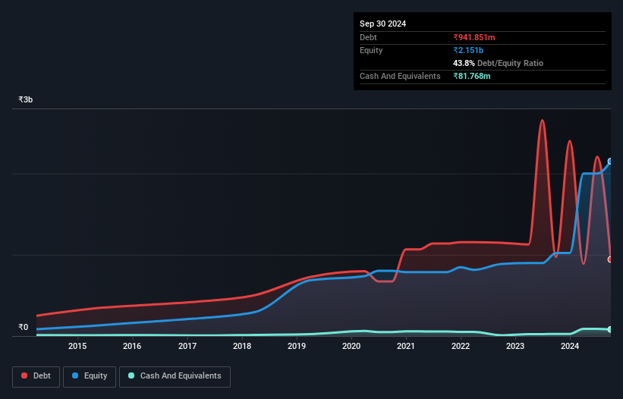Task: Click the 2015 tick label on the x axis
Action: coord(77,347)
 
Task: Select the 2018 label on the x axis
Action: coord(242,347)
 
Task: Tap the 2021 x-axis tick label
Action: coord(406,347)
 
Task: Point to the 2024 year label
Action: coord(570,347)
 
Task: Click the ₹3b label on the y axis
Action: coord(26,100)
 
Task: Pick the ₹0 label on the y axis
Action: coord(24,328)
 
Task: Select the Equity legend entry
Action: coord(90,375)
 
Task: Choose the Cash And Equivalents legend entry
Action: coord(175,375)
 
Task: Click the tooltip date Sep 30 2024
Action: coord(383,24)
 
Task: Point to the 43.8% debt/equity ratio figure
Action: coord(464,63)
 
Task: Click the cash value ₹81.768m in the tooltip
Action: coord(472,76)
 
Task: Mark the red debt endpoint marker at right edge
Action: coord(610,259)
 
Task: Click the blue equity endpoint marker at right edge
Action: coord(610,162)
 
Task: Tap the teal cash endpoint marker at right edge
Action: coord(610,329)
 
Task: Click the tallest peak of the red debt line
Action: coord(542,120)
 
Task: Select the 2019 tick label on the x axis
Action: coord(297,347)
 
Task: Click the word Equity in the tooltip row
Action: coord(371,50)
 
